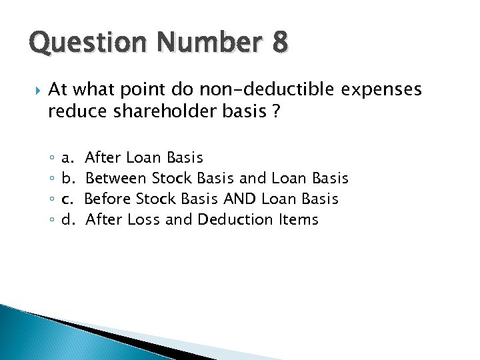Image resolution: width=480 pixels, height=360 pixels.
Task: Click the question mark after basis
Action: coord(275,112)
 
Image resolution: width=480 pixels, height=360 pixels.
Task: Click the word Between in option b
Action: coord(116,178)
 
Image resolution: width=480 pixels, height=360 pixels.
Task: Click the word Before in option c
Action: coord(108,199)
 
